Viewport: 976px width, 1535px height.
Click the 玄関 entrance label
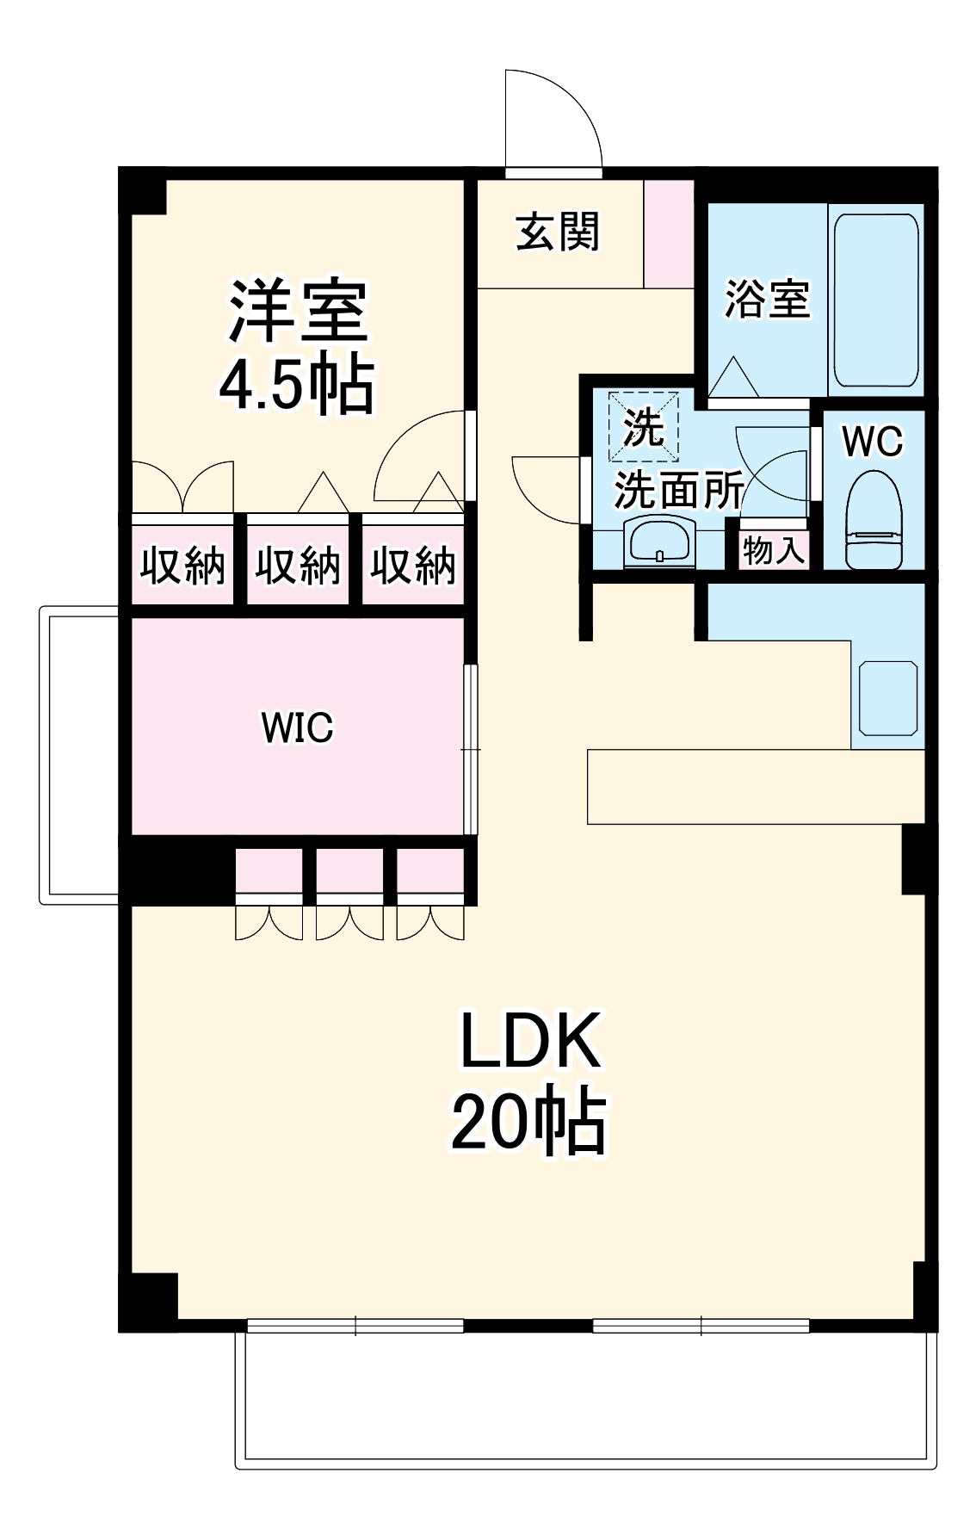(558, 232)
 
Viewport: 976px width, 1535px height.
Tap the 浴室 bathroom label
(767, 299)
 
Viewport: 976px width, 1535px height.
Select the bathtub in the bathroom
(876, 300)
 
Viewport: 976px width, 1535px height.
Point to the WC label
(873, 442)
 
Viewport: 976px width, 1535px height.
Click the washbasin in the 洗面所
(660, 542)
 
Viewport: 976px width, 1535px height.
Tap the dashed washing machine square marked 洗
(644, 426)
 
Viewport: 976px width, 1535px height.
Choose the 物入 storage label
(773, 549)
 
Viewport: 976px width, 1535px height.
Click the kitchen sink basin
(888, 698)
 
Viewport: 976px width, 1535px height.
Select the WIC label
(297, 727)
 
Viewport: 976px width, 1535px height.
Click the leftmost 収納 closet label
(182, 566)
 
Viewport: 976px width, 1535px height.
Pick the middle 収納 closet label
(298, 566)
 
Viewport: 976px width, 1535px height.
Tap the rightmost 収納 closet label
(413, 566)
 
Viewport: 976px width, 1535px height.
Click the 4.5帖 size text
(297, 384)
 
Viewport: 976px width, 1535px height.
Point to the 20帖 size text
(529, 1123)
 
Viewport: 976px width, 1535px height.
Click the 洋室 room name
(298, 310)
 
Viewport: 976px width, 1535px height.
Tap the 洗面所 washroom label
(678, 490)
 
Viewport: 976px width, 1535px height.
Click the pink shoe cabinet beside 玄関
(669, 234)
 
